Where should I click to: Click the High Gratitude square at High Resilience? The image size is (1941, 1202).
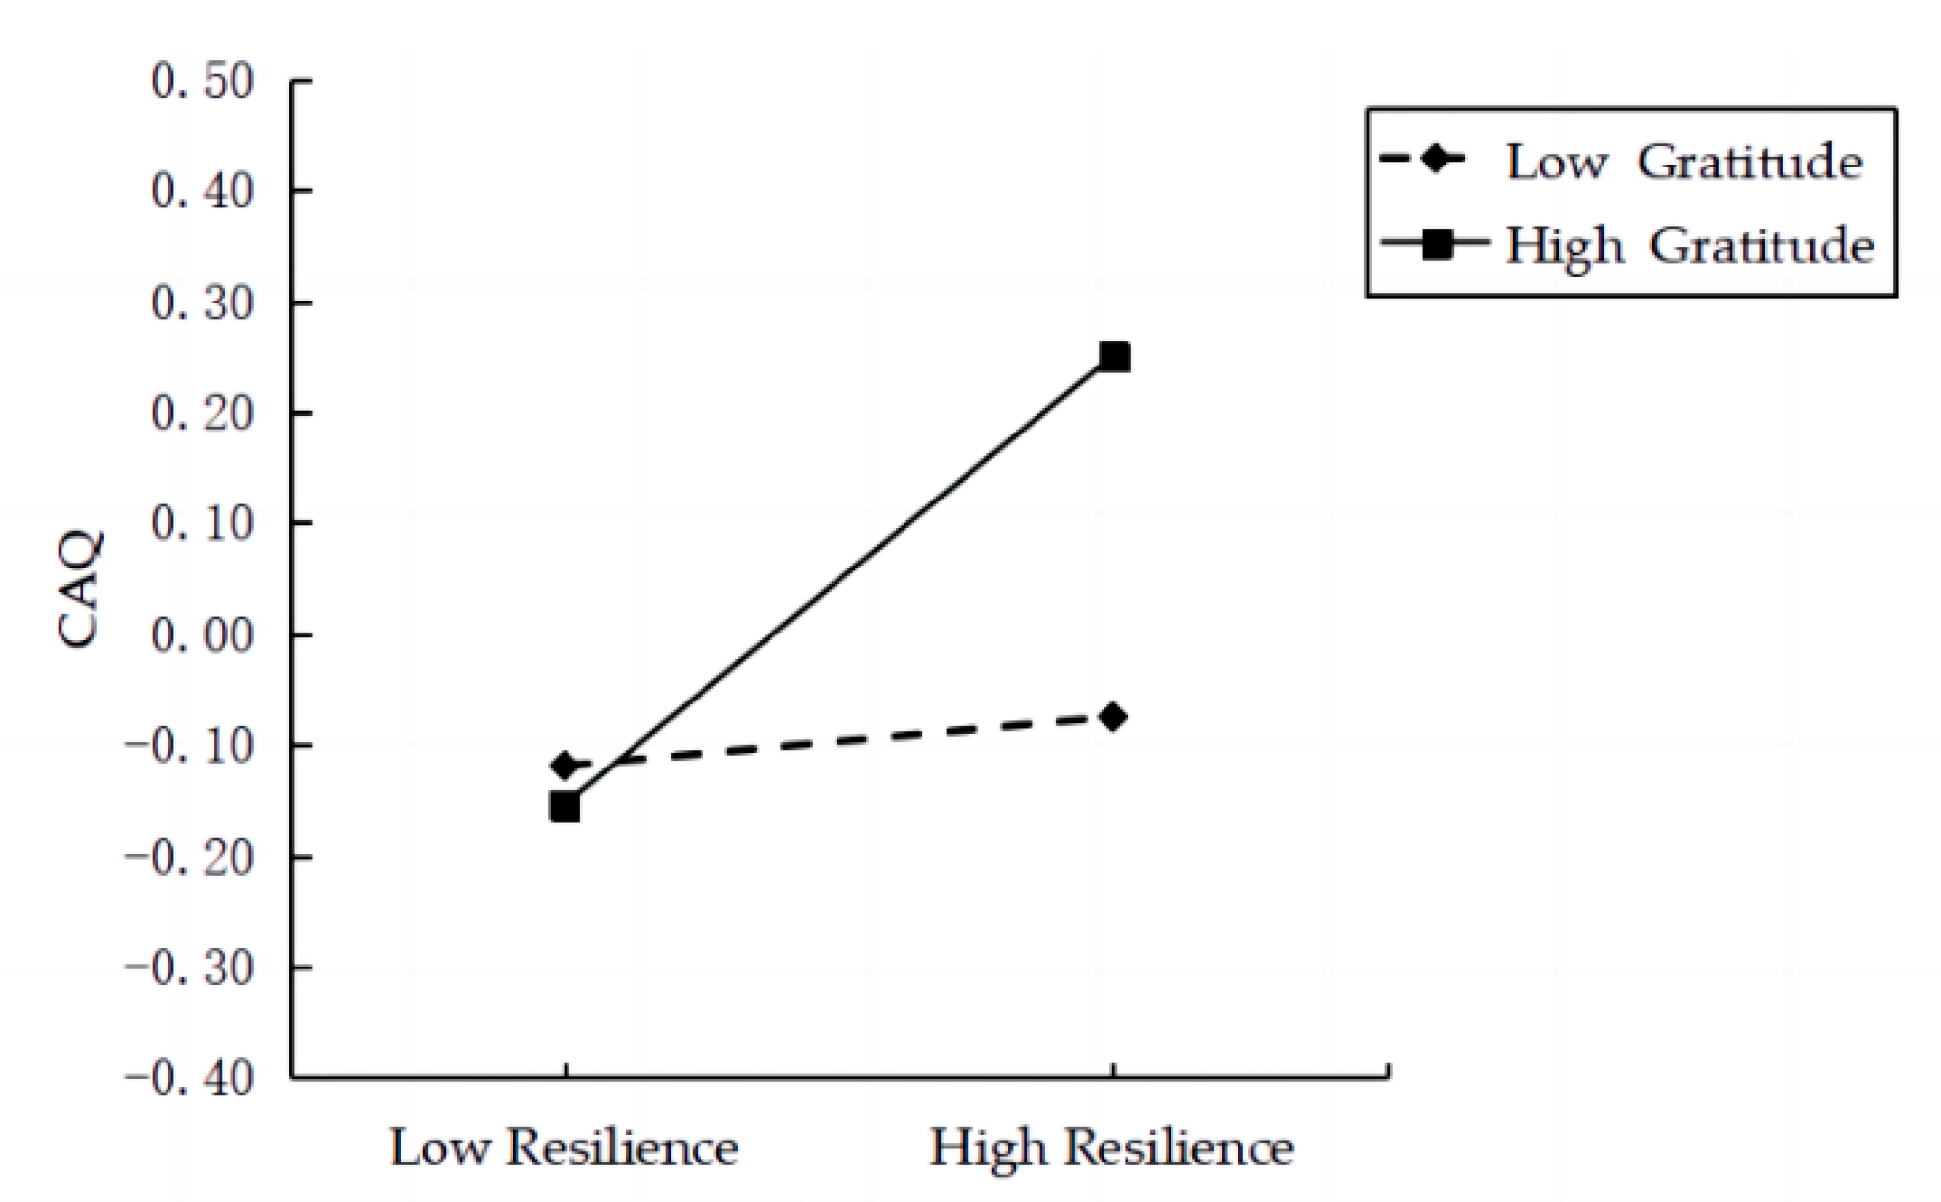tap(1113, 357)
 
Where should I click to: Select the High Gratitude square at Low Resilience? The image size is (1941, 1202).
tap(565, 807)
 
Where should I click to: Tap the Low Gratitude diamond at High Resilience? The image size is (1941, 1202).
tap(1113, 716)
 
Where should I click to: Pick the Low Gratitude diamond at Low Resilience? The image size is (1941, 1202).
tap(565, 765)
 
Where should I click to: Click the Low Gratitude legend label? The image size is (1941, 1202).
tap(1685, 162)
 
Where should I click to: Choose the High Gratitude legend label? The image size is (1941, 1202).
tap(1690, 244)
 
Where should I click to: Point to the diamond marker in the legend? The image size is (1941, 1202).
tap(1437, 159)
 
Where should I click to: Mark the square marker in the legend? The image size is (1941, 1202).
tap(1438, 243)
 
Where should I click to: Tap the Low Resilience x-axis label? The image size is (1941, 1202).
tap(565, 1147)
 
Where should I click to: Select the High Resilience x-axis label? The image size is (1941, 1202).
tap(1111, 1147)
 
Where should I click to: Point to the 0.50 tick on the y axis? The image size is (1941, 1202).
tap(203, 81)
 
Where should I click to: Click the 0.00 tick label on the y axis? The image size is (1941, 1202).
tap(203, 635)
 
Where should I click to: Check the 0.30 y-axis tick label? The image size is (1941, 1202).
tap(203, 302)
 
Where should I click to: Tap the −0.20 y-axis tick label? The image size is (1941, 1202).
tap(189, 857)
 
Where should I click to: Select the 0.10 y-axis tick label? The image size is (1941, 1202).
tap(203, 524)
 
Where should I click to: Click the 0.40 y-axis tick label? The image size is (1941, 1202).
tap(203, 191)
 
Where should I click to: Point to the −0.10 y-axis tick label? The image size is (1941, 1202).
tap(189, 746)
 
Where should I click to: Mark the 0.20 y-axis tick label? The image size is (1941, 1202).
tap(203, 413)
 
